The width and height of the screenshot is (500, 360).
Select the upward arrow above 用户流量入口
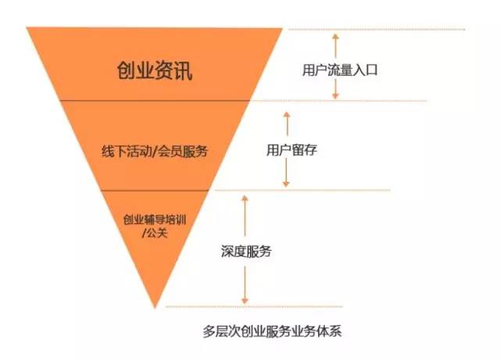click(x=335, y=43)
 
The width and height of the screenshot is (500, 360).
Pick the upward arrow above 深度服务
click(x=245, y=211)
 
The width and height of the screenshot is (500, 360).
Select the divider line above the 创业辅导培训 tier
click(x=153, y=190)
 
